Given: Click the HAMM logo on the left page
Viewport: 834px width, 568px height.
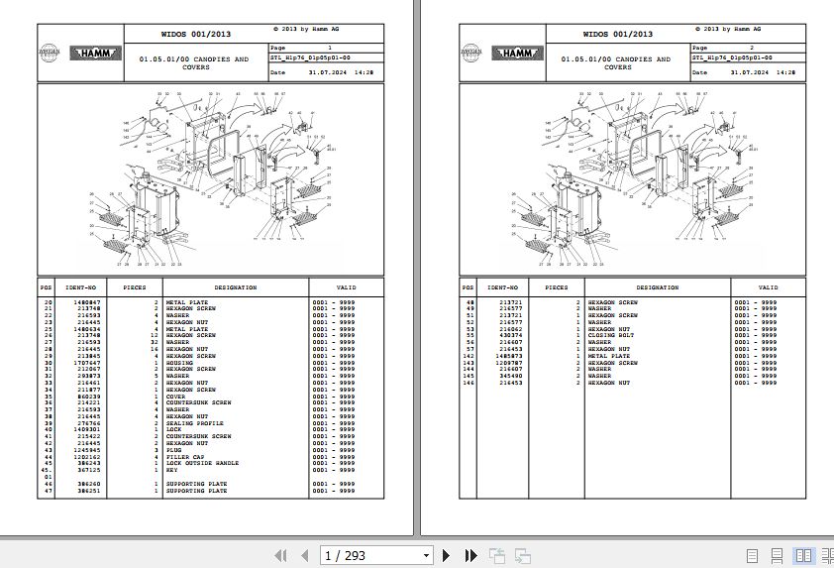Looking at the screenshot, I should (x=96, y=54).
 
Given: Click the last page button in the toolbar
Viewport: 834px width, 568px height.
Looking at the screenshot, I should (x=470, y=555).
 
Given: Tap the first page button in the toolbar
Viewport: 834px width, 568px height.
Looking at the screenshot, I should (x=280, y=555).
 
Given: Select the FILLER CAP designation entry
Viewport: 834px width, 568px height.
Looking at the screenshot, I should (x=184, y=457).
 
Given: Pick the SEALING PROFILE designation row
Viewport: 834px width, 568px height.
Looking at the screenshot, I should (x=194, y=423).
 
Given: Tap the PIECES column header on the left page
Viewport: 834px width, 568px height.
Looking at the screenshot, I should (x=135, y=287).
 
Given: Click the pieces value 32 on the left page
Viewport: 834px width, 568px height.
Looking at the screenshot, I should (x=154, y=342).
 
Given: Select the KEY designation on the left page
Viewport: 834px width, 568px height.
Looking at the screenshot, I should (x=171, y=470).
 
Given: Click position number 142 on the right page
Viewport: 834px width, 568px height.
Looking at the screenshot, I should (x=469, y=356).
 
